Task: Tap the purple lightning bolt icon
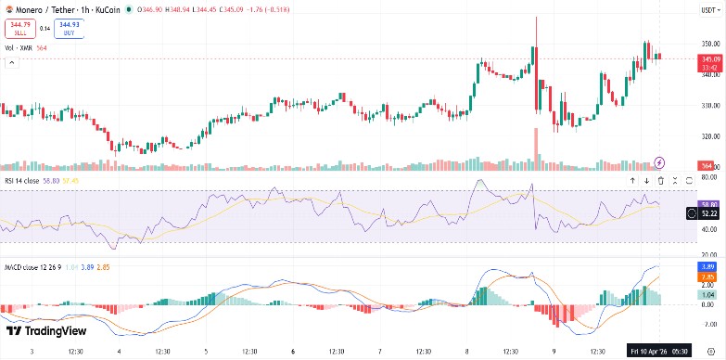coord(660,162)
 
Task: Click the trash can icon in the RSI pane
coord(660,180)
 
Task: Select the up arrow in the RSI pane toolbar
coord(632,180)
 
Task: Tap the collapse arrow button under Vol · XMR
coord(12,62)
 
